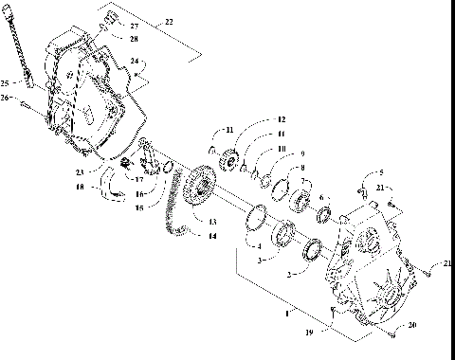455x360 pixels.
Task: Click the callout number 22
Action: point(169,21)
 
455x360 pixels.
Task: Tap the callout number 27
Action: point(134,26)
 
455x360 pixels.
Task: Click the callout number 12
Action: point(281,120)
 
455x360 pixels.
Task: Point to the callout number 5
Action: point(381,173)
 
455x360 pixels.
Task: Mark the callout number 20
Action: point(410,325)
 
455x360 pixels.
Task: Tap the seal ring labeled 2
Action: point(311,252)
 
